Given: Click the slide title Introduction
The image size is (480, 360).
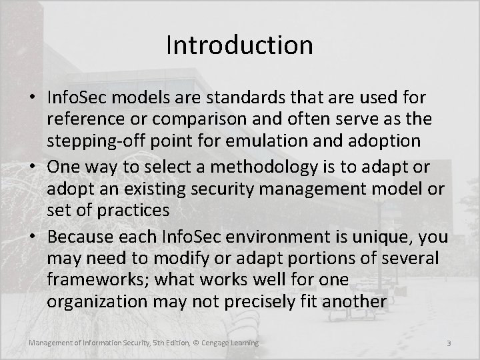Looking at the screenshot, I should pyautogui.click(x=239, y=45).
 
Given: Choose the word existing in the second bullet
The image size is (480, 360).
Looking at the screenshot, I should pyautogui.click(x=147, y=189).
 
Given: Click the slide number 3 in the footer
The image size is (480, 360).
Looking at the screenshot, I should pyautogui.click(x=449, y=343).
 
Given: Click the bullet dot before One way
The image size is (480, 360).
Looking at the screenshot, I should pyautogui.click(x=35, y=166).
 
